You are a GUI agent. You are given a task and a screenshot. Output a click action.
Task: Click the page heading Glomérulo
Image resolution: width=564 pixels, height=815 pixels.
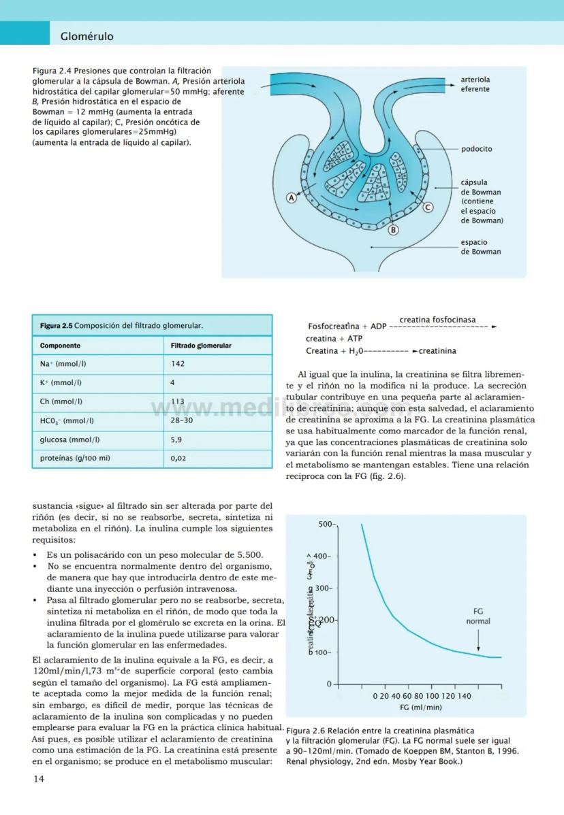click(87, 36)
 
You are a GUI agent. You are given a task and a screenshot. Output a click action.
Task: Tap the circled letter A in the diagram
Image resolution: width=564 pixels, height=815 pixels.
click(292, 198)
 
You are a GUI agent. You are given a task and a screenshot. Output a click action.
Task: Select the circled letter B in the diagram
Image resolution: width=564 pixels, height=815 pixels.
click(393, 230)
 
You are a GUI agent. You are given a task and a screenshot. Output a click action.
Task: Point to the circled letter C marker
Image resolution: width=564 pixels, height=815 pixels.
click(428, 207)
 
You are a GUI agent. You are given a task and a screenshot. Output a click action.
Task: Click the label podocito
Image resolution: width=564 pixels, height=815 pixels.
click(476, 149)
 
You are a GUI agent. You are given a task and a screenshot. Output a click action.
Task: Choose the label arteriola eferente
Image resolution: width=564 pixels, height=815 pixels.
click(475, 84)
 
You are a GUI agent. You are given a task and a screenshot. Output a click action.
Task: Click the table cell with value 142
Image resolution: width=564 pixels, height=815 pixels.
click(178, 364)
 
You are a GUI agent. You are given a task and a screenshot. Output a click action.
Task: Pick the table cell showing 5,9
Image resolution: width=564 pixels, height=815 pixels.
click(176, 439)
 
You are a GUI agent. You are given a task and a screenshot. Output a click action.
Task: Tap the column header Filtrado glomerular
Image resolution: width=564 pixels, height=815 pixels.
click(201, 346)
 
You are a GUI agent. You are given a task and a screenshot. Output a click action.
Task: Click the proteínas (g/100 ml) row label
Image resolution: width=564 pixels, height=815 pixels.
click(75, 458)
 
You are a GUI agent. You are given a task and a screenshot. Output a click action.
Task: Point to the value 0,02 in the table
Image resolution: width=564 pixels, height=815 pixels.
click(178, 458)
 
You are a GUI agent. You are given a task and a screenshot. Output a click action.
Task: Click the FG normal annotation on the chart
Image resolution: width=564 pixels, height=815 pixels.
click(477, 616)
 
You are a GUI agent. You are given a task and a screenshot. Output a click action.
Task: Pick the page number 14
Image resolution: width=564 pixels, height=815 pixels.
click(39, 779)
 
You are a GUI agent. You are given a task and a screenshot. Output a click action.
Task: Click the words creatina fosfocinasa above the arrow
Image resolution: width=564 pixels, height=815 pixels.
click(437, 320)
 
